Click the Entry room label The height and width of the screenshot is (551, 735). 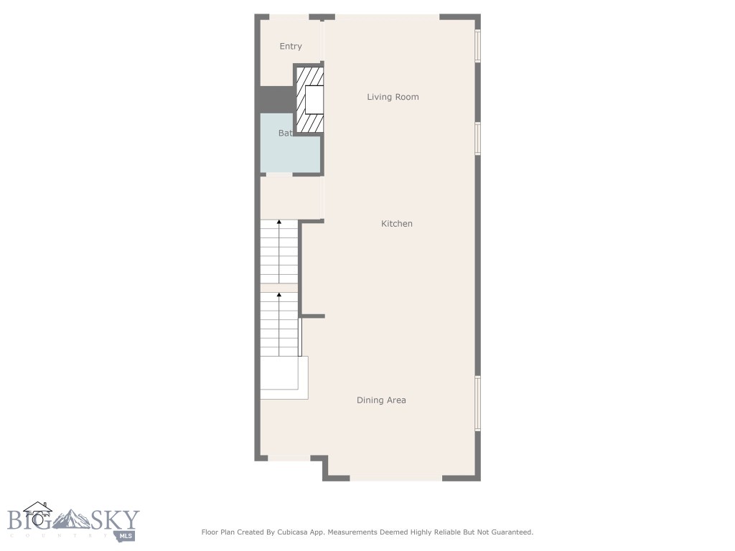pos(291,47)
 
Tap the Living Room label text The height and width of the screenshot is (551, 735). pos(393,97)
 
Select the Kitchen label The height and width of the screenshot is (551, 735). pos(396,224)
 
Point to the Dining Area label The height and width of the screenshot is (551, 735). pos(381,400)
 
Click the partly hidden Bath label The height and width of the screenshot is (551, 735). pos(285,133)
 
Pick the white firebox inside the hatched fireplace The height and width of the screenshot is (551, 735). pos(314,100)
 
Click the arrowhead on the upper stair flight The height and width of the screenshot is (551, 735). pos(279,223)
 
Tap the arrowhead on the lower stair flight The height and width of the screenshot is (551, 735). pos(279,294)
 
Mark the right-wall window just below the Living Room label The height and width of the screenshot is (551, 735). pos(477,138)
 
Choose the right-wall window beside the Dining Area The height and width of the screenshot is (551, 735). pos(477,403)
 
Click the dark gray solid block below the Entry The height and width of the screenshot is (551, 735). pos(276,100)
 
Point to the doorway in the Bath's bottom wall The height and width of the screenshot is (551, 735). pos(279,174)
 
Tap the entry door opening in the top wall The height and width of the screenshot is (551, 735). pos(284,17)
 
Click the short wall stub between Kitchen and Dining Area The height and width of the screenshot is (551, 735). pos(313,316)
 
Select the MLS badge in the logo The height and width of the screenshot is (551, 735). pos(128,535)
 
